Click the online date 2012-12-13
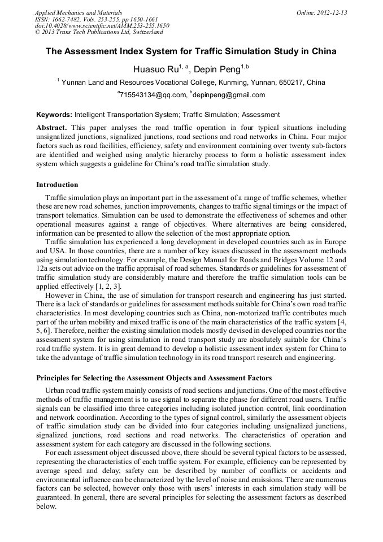(x=332, y=12)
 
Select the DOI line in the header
(x=102, y=25)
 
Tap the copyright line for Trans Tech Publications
(x=99, y=32)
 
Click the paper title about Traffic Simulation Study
(x=191, y=51)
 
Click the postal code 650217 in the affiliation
(x=291, y=83)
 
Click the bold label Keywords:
(x=54, y=115)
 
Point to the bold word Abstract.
(x=51, y=128)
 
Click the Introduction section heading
(x=57, y=185)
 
